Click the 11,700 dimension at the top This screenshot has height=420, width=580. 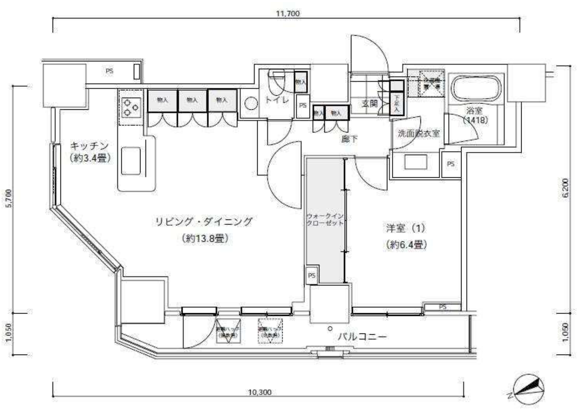(288, 13)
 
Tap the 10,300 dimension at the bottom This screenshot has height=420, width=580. (260, 392)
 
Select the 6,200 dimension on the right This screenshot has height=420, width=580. (566, 188)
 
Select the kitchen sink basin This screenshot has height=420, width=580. (131, 161)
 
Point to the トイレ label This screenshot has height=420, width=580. (277, 100)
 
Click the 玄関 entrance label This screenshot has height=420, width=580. (370, 104)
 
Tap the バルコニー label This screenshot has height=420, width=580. (362, 337)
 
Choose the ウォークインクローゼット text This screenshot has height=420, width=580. (325, 220)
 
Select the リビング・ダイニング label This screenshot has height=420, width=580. (204, 222)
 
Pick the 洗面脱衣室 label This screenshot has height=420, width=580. (418, 133)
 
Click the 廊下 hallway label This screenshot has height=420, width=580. (349, 139)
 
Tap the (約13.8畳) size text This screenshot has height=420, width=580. (205, 239)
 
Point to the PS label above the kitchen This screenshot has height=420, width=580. (109, 71)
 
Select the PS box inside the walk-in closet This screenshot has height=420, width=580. (312, 275)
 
